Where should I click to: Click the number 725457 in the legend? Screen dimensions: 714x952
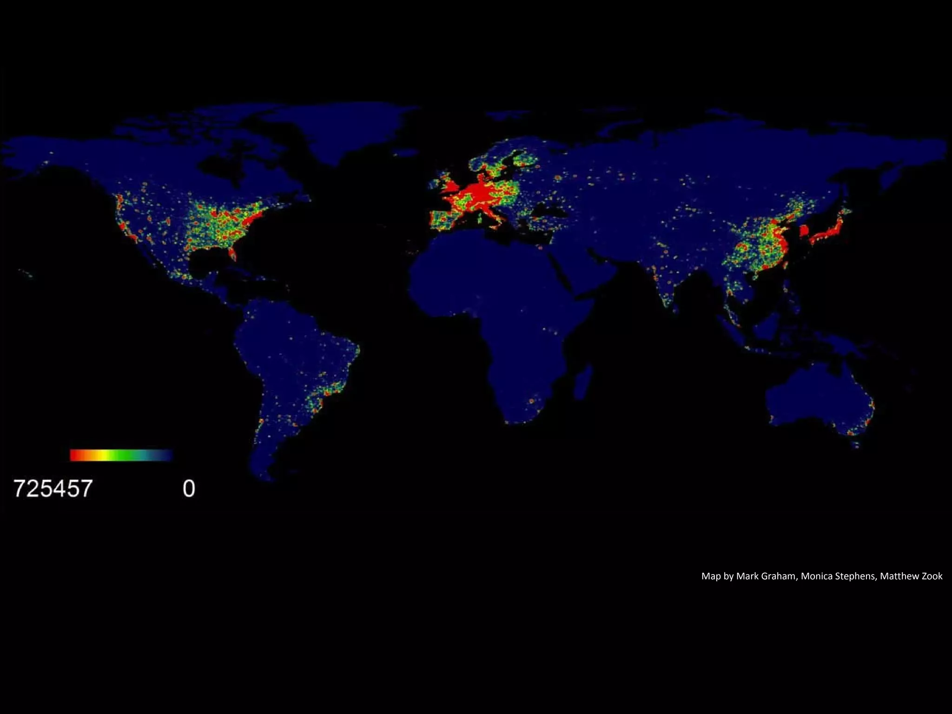tap(53, 489)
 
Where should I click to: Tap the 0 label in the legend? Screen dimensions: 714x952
tap(189, 489)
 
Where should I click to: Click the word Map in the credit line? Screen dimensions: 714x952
tap(711, 576)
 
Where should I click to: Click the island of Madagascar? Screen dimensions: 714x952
tap(584, 381)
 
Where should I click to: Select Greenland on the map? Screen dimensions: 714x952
tap(353, 130)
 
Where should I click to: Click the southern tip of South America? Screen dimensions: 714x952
tap(267, 476)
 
